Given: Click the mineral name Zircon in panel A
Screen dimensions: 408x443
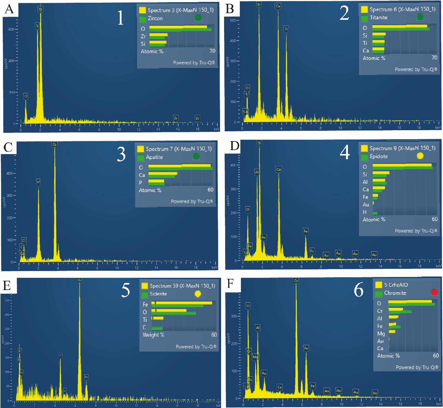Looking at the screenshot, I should [155, 18].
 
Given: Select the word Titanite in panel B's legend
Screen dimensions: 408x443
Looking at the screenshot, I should [378, 18].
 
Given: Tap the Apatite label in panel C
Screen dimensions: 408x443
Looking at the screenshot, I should [154, 157].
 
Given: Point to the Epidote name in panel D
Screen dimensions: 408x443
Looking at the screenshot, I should [379, 156].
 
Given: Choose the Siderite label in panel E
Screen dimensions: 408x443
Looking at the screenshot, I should [158, 294].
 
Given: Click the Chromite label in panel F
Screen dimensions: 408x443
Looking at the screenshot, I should [395, 293].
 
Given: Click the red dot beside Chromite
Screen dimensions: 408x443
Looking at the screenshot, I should [434, 292].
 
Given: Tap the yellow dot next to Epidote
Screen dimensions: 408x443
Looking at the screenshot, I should [420, 156].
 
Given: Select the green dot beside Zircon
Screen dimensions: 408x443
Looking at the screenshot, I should [198, 18].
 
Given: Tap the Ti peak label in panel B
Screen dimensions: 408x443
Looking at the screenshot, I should [286, 29].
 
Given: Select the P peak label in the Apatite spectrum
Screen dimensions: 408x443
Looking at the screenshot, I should [38, 182].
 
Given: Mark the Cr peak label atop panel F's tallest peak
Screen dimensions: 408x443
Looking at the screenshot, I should [296, 281].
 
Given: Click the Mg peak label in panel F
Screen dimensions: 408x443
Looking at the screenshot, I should [255, 357].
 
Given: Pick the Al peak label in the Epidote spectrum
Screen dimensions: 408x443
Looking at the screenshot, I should [257, 172].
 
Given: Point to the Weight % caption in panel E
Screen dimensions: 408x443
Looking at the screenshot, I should [153, 335].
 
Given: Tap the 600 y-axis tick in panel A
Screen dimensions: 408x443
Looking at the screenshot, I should [11, 29].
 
